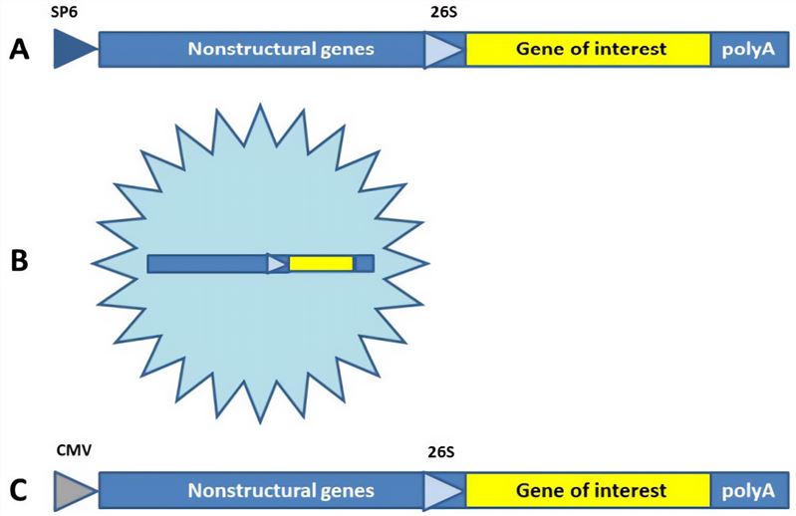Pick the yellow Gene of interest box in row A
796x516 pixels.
(588, 49)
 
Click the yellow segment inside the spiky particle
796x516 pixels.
(321, 263)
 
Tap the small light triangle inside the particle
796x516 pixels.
(276, 263)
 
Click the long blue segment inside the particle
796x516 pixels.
(206, 263)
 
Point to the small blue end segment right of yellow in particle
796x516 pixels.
(364, 263)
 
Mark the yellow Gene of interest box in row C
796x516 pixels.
(588, 490)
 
